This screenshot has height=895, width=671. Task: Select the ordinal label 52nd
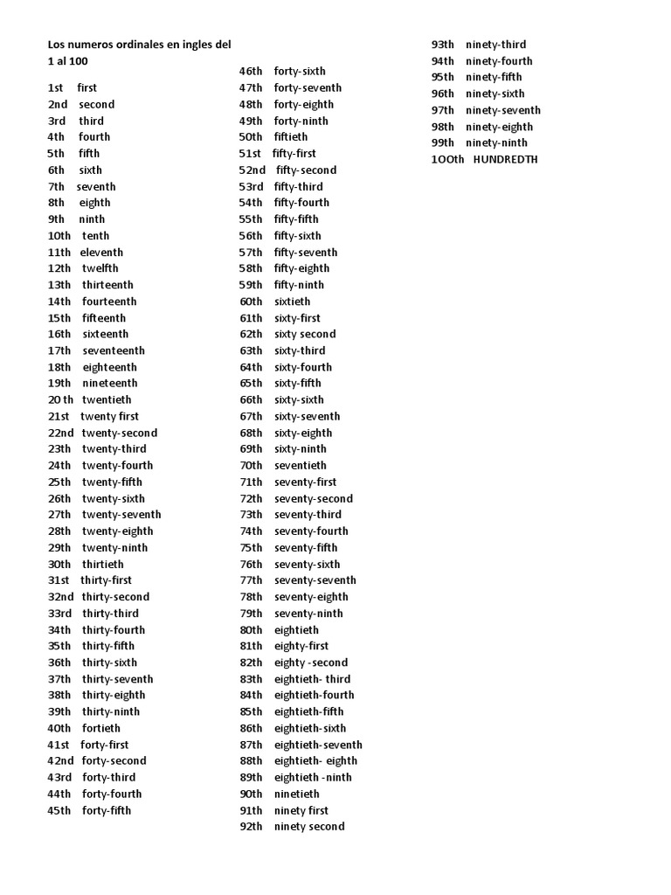pos(252,170)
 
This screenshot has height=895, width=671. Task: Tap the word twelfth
pos(100,268)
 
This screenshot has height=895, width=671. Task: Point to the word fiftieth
pos(291,137)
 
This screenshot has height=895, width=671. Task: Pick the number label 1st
pos(56,88)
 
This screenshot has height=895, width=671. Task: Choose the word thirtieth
pos(103,565)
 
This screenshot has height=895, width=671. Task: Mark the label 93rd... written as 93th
pos(443,45)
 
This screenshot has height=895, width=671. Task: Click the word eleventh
pos(101,253)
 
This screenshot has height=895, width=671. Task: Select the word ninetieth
pos(297,794)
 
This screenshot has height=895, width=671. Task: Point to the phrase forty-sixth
pos(300,72)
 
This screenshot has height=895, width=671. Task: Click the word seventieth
pos(301,466)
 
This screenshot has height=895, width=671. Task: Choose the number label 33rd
pos(59,614)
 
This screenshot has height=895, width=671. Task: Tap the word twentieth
pos(107,399)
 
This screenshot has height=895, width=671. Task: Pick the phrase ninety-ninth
pos(497,143)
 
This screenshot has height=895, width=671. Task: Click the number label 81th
pos(251,647)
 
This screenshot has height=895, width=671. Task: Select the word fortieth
pos(101,728)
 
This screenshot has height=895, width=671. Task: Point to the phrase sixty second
pos(305,335)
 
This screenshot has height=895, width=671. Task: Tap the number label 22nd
pos(61,433)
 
